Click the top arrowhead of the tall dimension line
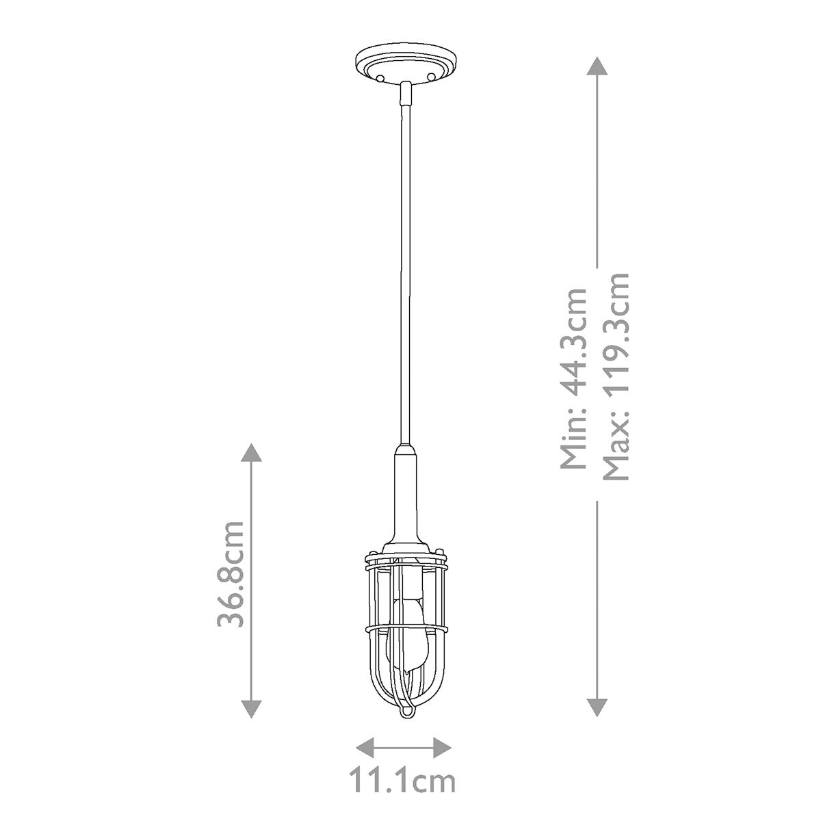pos(597,66)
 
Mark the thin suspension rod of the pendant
pos(406,274)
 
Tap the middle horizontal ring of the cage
pos(406,627)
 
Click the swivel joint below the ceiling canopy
pos(406,92)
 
